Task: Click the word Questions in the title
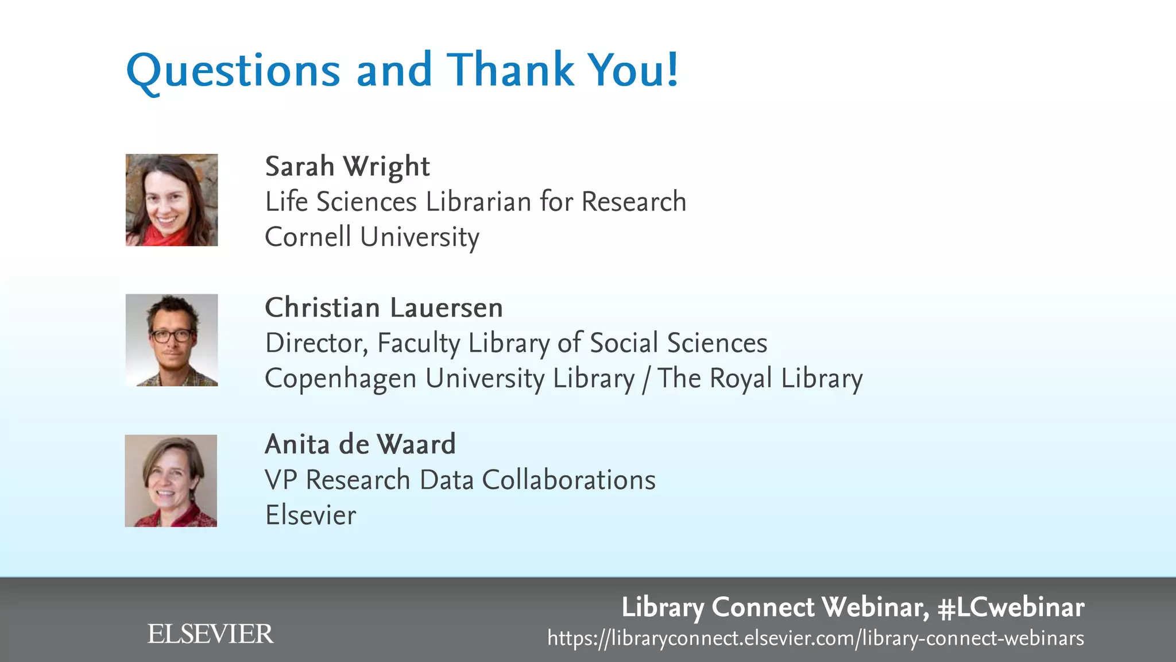(233, 70)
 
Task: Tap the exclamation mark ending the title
(672, 69)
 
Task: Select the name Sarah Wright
(347, 167)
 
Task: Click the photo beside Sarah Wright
(172, 200)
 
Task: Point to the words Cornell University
(372, 237)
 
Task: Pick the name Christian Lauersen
(384, 307)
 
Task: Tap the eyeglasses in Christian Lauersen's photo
(171, 336)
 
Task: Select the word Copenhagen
(341, 379)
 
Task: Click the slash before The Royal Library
(646, 379)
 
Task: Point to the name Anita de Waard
(360, 444)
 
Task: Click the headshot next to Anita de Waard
(171, 480)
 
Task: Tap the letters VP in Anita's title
(281, 480)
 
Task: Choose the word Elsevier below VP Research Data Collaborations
(311, 515)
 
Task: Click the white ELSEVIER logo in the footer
(210, 634)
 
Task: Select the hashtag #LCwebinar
(1011, 607)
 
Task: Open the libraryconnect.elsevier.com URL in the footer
(815, 638)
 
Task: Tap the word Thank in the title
(510, 70)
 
